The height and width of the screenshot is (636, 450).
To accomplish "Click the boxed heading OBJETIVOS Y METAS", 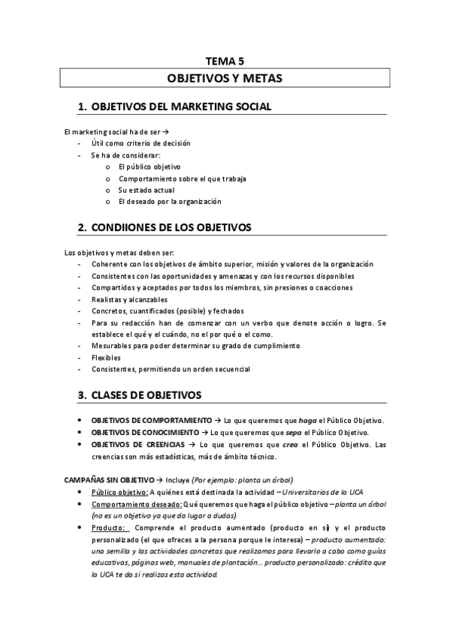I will tap(225, 78).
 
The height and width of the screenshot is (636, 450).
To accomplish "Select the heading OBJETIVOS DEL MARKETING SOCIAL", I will tap(180, 107).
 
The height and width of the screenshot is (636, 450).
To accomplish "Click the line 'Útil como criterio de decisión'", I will tap(140, 142).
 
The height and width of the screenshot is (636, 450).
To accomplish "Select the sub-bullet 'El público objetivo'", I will tap(149, 166).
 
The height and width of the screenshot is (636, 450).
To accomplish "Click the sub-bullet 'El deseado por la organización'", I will tap(170, 202).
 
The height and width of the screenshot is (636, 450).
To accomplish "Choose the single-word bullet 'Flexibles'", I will tap(106, 358).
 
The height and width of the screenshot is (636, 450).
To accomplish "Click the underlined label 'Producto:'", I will tap(110, 528).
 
